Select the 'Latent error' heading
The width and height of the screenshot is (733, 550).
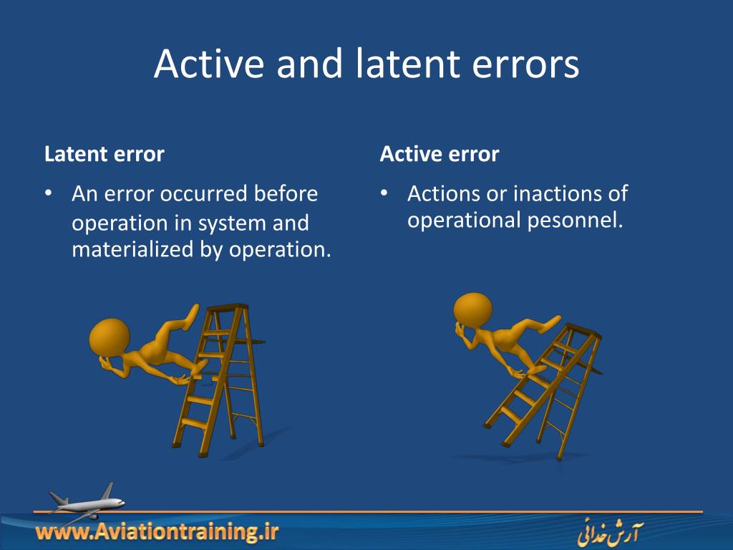click(x=105, y=154)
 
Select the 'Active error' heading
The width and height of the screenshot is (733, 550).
click(x=440, y=154)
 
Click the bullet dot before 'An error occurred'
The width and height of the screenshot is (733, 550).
click(x=49, y=194)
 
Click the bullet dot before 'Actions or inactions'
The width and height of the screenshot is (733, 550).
click(x=384, y=194)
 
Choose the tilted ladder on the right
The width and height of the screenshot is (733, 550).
click(x=544, y=390)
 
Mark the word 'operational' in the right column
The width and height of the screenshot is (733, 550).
click(x=465, y=221)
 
